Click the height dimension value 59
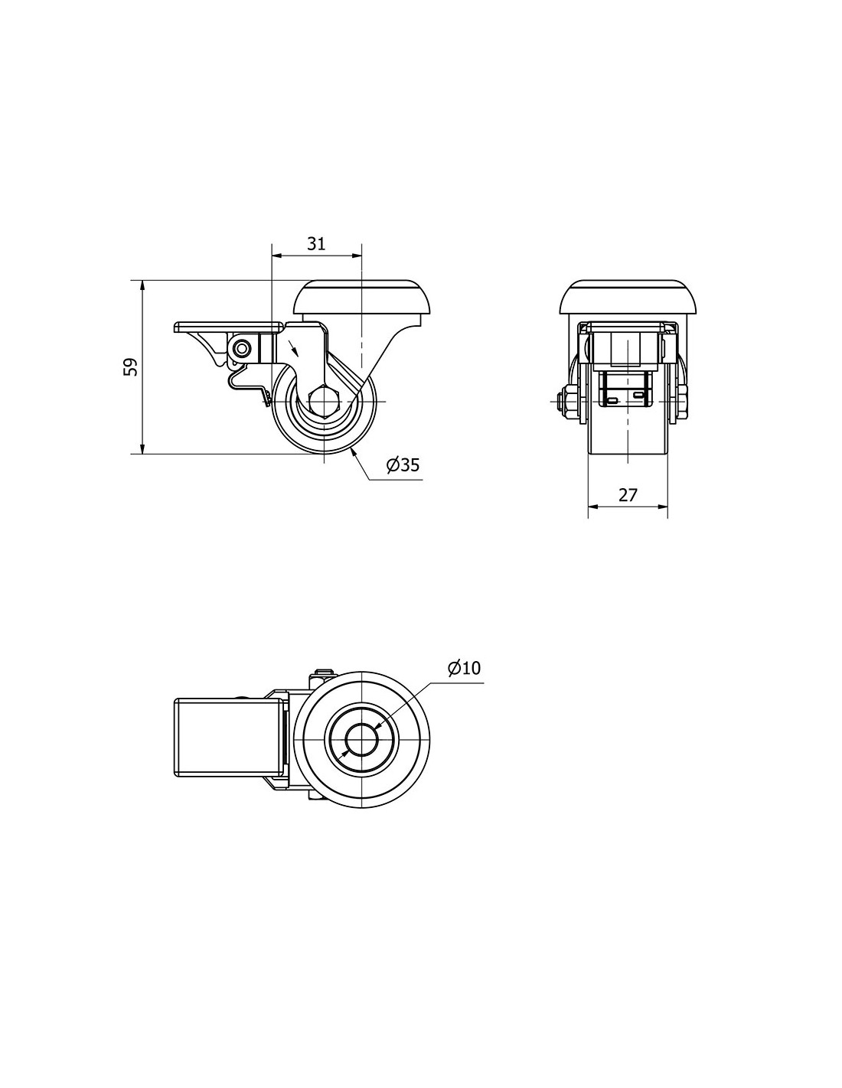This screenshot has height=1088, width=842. pos(130,366)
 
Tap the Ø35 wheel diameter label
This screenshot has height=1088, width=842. pos(402,465)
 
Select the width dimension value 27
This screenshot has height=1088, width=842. pos(627,495)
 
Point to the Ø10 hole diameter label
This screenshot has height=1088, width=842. pos(464,668)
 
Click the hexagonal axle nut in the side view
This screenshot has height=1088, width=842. pos(324,402)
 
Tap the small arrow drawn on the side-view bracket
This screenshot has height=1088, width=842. pos(293,347)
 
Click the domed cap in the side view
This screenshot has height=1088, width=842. pos(361,298)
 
